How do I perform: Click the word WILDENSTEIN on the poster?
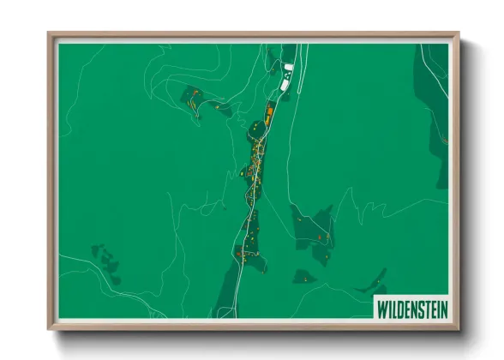[411, 308]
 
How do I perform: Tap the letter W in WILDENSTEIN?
[381, 308]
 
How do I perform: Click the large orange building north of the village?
[268, 115]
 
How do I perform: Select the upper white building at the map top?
[289, 67]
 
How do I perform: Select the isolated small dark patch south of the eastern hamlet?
[303, 276]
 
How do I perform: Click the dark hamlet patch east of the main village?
[313, 230]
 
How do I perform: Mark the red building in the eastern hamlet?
[320, 237]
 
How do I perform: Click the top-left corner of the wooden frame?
[49, 35]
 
